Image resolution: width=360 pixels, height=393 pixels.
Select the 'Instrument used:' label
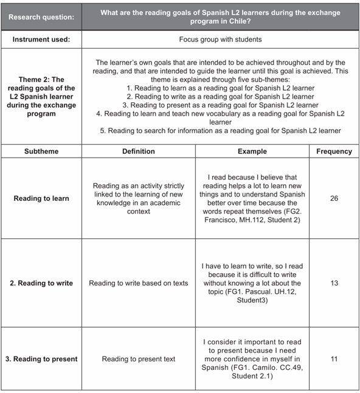42,39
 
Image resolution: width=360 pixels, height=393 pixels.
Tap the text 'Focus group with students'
220,39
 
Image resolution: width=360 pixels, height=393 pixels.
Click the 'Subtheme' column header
41,151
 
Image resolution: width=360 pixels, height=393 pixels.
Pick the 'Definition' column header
139,151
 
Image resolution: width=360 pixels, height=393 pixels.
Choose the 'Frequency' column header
334,151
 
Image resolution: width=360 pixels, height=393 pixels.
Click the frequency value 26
334,198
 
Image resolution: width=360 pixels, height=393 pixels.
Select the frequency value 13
334,283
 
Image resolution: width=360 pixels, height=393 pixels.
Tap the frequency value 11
334,359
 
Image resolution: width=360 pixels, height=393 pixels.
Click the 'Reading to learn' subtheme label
41,198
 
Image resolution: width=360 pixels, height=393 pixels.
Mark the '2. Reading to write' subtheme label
41,283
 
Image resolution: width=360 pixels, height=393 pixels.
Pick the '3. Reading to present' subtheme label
41,359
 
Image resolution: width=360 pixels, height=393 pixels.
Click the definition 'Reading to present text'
139,359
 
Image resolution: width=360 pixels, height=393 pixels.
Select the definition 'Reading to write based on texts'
139,283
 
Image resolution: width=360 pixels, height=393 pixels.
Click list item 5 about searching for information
220,131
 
